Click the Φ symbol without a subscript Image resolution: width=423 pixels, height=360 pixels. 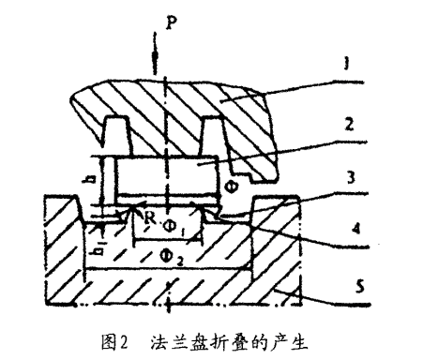(231, 187)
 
